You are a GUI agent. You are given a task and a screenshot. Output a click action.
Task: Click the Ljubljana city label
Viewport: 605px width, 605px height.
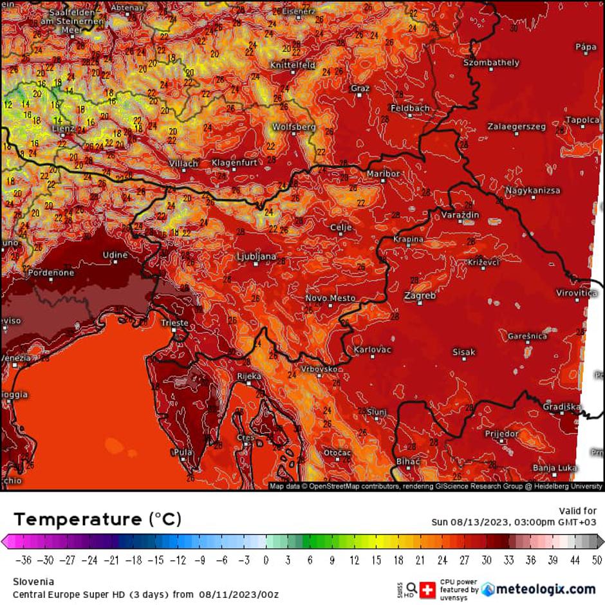(257, 256)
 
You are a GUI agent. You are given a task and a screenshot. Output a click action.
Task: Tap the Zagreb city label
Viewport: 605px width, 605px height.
(420, 295)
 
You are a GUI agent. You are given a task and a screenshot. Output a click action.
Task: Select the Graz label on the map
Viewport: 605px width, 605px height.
(360, 88)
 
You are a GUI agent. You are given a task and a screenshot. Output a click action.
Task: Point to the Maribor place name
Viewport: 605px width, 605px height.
(383, 174)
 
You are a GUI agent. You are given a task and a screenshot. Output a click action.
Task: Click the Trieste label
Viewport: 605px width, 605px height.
(175, 323)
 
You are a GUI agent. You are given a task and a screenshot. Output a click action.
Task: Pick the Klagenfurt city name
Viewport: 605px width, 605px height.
(234, 163)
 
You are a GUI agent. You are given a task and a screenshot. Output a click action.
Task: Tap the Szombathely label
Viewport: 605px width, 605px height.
(491, 62)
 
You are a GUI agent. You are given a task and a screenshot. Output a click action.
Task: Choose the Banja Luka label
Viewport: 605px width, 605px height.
(555, 467)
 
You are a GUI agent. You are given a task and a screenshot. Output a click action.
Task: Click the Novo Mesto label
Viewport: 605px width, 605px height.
(330, 298)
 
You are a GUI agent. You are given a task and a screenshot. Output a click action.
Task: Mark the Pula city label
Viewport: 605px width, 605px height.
(183, 452)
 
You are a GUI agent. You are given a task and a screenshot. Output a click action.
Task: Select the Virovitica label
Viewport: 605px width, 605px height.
(577, 293)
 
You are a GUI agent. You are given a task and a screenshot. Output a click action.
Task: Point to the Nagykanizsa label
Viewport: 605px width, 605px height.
(532, 191)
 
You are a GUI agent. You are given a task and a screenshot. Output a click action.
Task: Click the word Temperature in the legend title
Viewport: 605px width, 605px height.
(77, 519)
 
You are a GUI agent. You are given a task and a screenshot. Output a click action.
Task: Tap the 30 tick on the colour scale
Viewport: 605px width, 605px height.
(487, 559)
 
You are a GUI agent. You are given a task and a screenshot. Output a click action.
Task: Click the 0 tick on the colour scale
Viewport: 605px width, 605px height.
(266, 559)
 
